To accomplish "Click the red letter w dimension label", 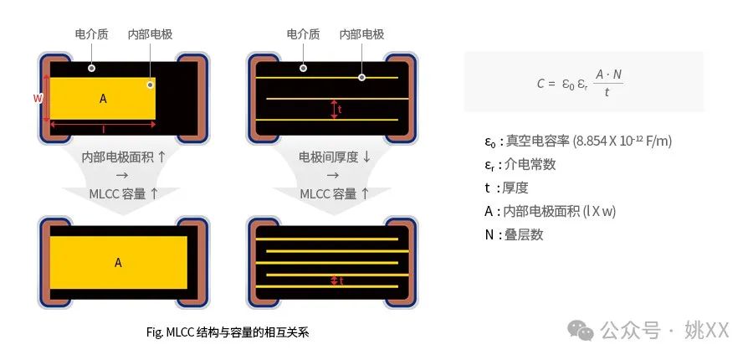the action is pyautogui.click(x=38, y=98).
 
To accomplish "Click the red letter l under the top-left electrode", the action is pyautogui.click(x=103, y=131).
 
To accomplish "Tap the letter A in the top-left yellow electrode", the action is pyautogui.click(x=103, y=99).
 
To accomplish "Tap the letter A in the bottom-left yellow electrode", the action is pyautogui.click(x=118, y=262).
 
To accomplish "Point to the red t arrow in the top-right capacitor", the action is pyautogui.click(x=335, y=109).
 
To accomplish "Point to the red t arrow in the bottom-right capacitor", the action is pyautogui.click(x=334, y=281).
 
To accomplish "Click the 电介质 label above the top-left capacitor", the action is pyautogui.click(x=92, y=34).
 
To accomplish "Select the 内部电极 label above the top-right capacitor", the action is pyautogui.click(x=361, y=34).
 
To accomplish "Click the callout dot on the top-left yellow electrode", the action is pyautogui.click(x=151, y=85).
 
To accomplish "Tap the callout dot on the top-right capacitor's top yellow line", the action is pyautogui.click(x=362, y=77).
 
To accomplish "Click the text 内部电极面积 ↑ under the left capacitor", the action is pyautogui.click(x=124, y=157).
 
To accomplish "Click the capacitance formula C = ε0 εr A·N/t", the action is pyautogui.click(x=580, y=83).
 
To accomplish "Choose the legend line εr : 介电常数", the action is pyautogui.click(x=520, y=164).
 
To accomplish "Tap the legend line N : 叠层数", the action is pyautogui.click(x=514, y=234).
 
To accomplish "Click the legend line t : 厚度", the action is pyautogui.click(x=507, y=188).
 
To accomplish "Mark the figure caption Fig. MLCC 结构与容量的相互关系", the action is pyautogui.click(x=228, y=332).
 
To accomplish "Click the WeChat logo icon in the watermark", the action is pyautogui.click(x=581, y=331).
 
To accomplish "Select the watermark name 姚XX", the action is pyautogui.click(x=707, y=331).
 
